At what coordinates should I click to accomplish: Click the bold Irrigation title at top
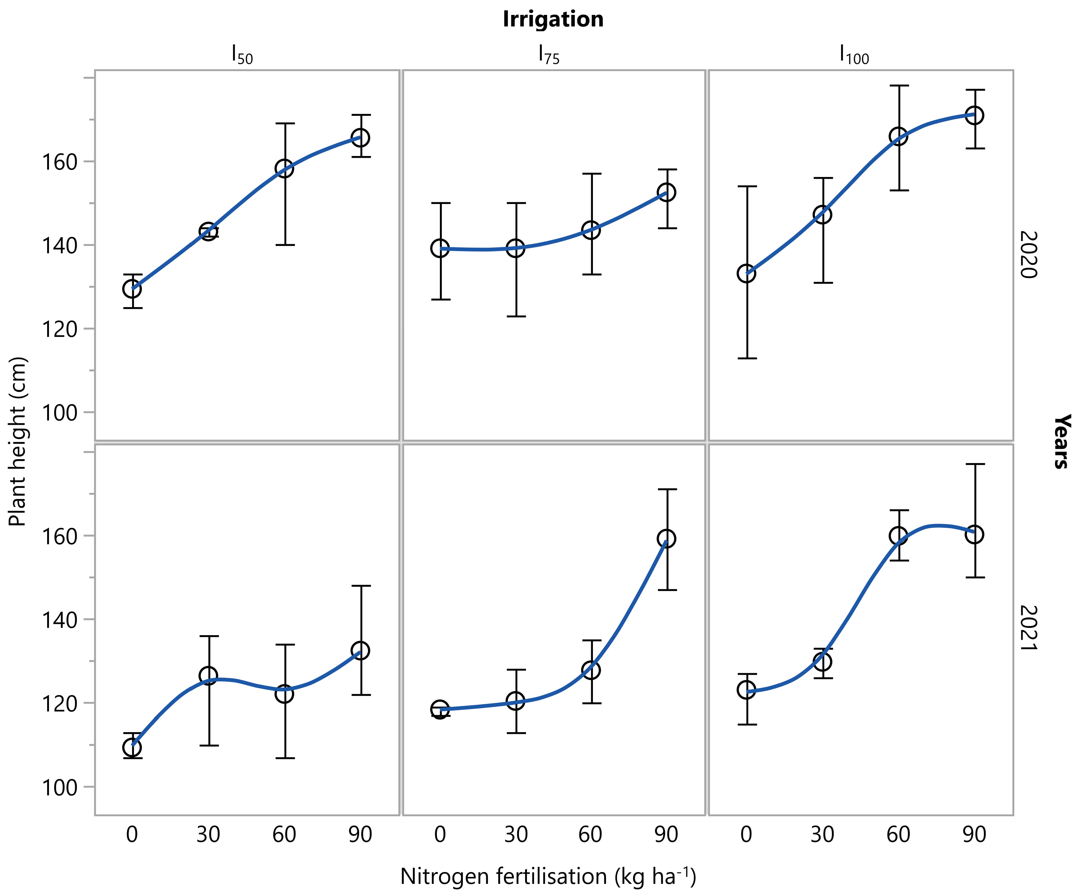(553, 19)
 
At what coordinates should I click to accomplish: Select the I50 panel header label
(242, 54)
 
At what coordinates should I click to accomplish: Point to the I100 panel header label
(854, 54)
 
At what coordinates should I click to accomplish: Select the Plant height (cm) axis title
(17, 441)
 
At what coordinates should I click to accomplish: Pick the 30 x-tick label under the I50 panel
(208, 834)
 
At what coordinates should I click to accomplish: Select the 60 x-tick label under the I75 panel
(590, 834)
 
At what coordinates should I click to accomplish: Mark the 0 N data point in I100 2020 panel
(746, 274)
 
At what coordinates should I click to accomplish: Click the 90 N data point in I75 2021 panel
(666, 538)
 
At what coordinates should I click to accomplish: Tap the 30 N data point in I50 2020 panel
(208, 231)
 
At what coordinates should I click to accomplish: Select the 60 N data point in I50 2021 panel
(284, 694)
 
